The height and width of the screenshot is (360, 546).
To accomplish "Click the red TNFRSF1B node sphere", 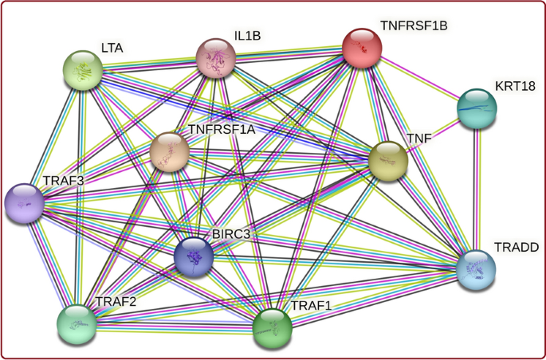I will (363, 47).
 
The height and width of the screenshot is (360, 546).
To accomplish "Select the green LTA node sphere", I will (84, 70).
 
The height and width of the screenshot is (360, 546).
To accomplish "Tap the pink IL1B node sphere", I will (216, 58).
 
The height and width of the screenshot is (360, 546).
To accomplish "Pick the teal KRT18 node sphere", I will (477, 108).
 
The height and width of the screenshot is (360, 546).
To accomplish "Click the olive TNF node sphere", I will (388, 162).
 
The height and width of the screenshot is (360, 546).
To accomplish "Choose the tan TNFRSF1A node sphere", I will (170, 152).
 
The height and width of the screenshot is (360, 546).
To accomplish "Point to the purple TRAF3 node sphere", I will (25, 203).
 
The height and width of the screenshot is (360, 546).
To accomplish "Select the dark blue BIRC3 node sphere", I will (194, 257).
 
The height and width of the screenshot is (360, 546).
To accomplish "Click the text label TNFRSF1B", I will (414, 26).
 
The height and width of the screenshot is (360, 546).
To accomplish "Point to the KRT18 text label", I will (515, 85).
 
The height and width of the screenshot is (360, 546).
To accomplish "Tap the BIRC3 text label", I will (231, 233).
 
